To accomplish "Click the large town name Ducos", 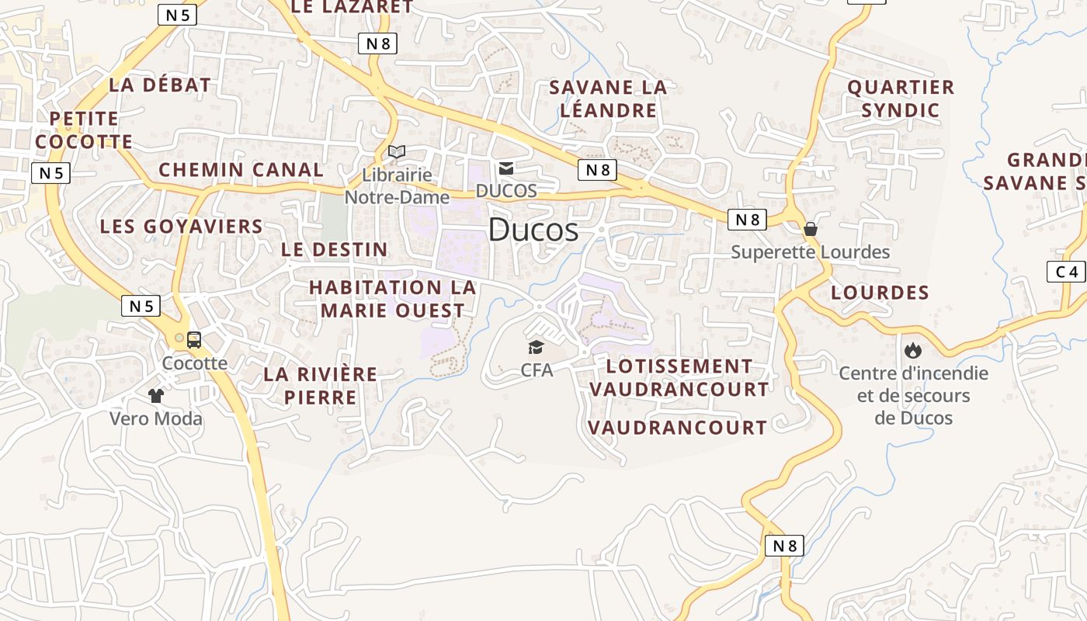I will click(x=533, y=230).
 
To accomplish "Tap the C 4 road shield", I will click(x=1066, y=272).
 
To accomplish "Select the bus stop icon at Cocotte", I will click(x=194, y=339).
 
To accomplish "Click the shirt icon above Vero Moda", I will click(x=156, y=396).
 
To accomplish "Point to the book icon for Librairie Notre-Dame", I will click(x=397, y=151).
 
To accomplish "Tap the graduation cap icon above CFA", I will click(x=536, y=346).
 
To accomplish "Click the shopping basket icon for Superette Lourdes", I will click(x=811, y=229).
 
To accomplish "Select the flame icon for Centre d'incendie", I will click(x=913, y=350).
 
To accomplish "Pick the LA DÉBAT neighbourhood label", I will click(x=160, y=85).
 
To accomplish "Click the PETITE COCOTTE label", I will click(x=84, y=130).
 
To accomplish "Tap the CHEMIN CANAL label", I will click(x=241, y=170).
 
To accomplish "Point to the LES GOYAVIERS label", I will click(x=182, y=227).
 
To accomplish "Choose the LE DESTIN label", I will click(x=334, y=249).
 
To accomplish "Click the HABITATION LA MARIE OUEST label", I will click(x=392, y=299).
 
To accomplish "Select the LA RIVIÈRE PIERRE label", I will click(x=320, y=386).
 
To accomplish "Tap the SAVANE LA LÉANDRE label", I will click(x=608, y=99).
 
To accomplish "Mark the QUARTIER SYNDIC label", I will click(x=901, y=99).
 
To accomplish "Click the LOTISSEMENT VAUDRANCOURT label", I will click(x=679, y=377).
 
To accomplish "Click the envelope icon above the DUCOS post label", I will click(x=506, y=168).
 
